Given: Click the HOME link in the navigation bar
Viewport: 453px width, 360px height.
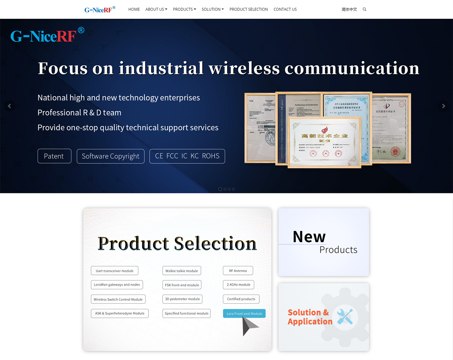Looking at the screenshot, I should (134, 10).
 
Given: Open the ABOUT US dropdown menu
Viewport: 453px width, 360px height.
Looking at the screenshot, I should (156, 10).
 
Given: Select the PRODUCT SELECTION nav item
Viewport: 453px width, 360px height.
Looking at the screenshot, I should (249, 10).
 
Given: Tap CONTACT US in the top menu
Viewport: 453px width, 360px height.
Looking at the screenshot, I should (285, 10).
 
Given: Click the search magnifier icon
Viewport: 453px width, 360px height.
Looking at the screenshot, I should (364, 10).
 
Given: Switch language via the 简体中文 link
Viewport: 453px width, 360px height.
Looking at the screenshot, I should (349, 10).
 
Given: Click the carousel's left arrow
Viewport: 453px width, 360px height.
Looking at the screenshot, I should (10, 106).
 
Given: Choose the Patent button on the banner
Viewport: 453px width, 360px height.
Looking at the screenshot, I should (54, 156).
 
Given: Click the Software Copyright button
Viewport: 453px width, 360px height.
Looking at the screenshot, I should (110, 156).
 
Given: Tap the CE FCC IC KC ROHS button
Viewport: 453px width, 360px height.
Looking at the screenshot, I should (187, 156).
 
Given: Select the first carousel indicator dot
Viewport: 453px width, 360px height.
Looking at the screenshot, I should (220, 189).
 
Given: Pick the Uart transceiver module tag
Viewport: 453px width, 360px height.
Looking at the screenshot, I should (115, 271).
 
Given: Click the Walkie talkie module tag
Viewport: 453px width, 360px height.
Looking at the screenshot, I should (182, 271).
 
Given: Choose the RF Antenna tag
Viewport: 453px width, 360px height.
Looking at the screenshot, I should (238, 271).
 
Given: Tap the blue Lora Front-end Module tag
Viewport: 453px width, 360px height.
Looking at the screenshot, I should (244, 314).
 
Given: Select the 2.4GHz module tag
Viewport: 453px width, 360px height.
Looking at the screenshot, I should (238, 285).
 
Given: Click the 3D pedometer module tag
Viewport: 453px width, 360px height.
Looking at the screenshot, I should (182, 299).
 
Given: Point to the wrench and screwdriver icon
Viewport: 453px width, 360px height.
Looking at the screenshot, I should (345, 317).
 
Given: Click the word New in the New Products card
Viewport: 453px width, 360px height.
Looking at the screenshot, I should (309, 237).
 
